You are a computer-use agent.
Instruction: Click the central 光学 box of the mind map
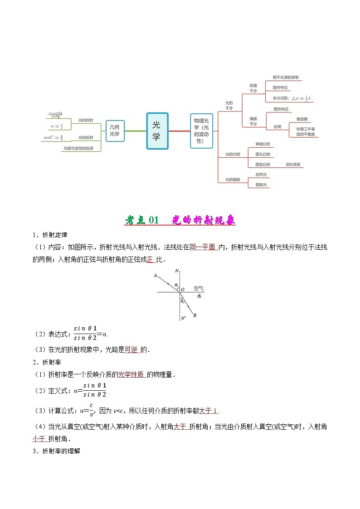[157, 131]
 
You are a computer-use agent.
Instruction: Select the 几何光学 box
[115, 131]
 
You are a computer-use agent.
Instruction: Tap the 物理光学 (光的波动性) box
[201, 131]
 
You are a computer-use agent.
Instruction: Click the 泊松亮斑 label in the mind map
[293, 165]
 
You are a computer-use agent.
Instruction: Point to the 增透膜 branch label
[302, 119]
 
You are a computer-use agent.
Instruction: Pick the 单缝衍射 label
[263, 144]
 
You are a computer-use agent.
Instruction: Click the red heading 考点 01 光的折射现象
[180, 220]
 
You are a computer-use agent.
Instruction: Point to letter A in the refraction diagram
[156, 275]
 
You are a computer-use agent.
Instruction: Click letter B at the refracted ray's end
[195, 315]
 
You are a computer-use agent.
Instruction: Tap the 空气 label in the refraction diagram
[199, 288]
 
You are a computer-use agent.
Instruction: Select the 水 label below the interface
[199, 296]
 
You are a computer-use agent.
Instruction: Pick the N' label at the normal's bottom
[183, 318]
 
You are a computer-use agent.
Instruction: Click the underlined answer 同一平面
[202, 247]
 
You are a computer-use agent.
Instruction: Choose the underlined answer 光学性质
[131, 374]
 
